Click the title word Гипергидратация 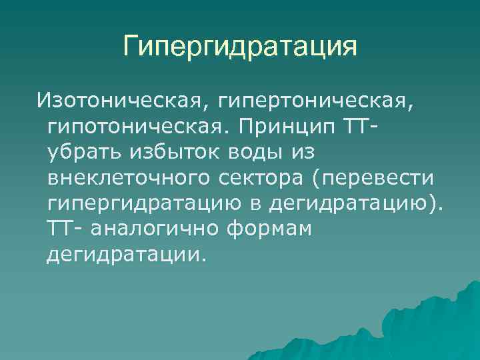pyautogui.click(x=240, y=47)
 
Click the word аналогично pyautogui.click(x=156, y=229)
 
